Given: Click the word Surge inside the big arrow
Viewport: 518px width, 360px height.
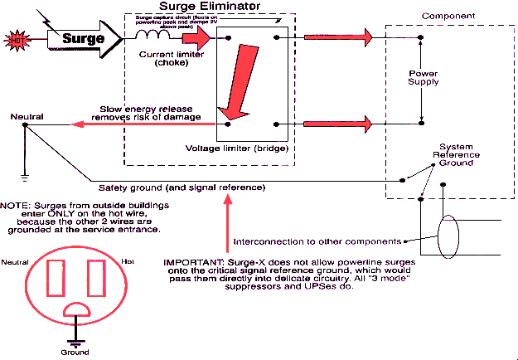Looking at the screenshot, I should tap(83, 38).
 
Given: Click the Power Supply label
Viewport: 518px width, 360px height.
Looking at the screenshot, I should tap(424, 78).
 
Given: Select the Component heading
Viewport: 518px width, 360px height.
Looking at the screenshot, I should tap(448, 16).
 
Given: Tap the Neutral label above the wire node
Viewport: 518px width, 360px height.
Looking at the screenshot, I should tap(26, 116).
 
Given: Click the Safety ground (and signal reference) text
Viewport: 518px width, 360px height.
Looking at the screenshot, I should tap(182, 187).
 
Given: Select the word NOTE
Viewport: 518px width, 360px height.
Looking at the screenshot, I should tap(13, 204).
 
